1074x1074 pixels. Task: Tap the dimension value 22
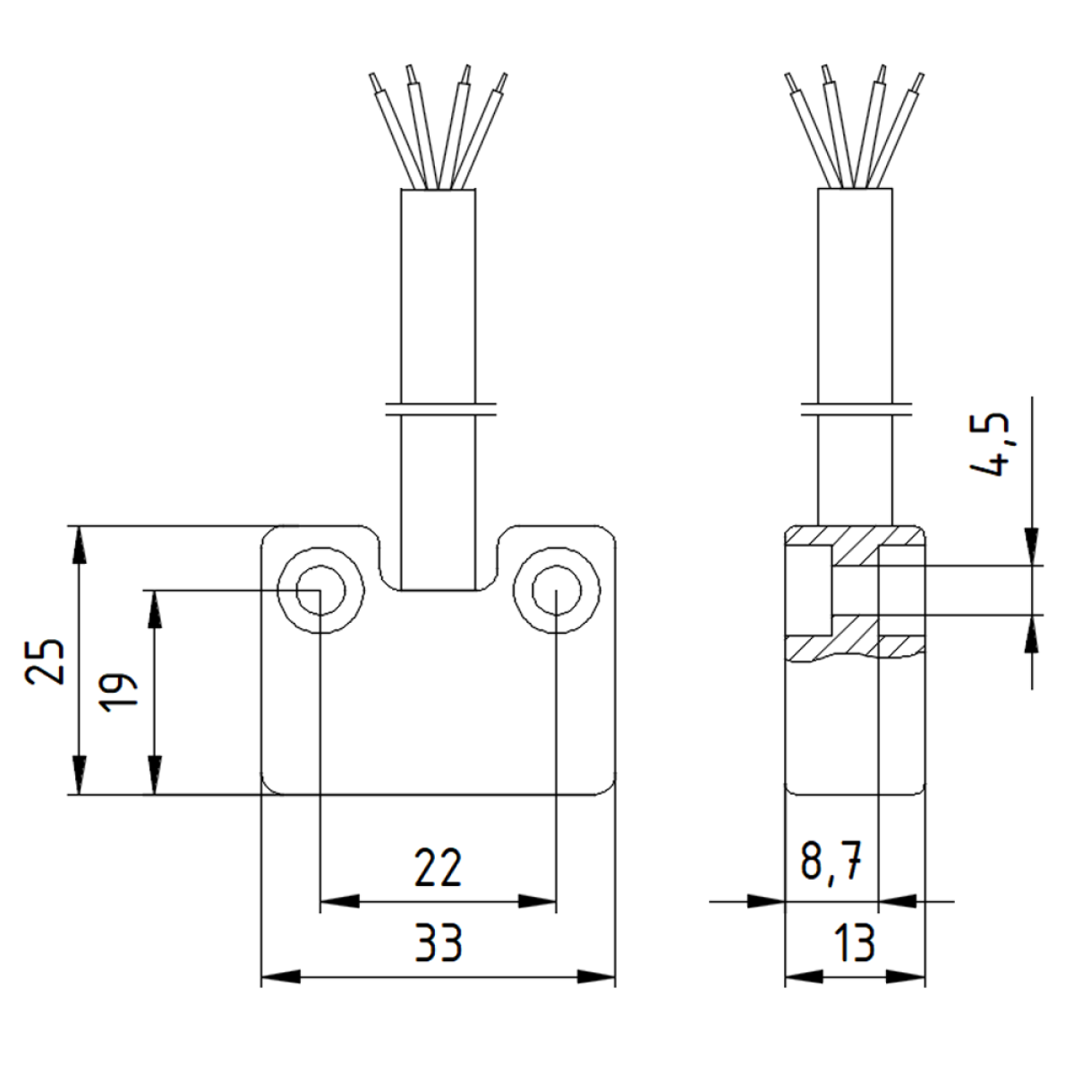[x=438, y=868]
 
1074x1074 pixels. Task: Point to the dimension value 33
[x=438, y=943]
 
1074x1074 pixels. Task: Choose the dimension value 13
[x=855, y=943]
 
